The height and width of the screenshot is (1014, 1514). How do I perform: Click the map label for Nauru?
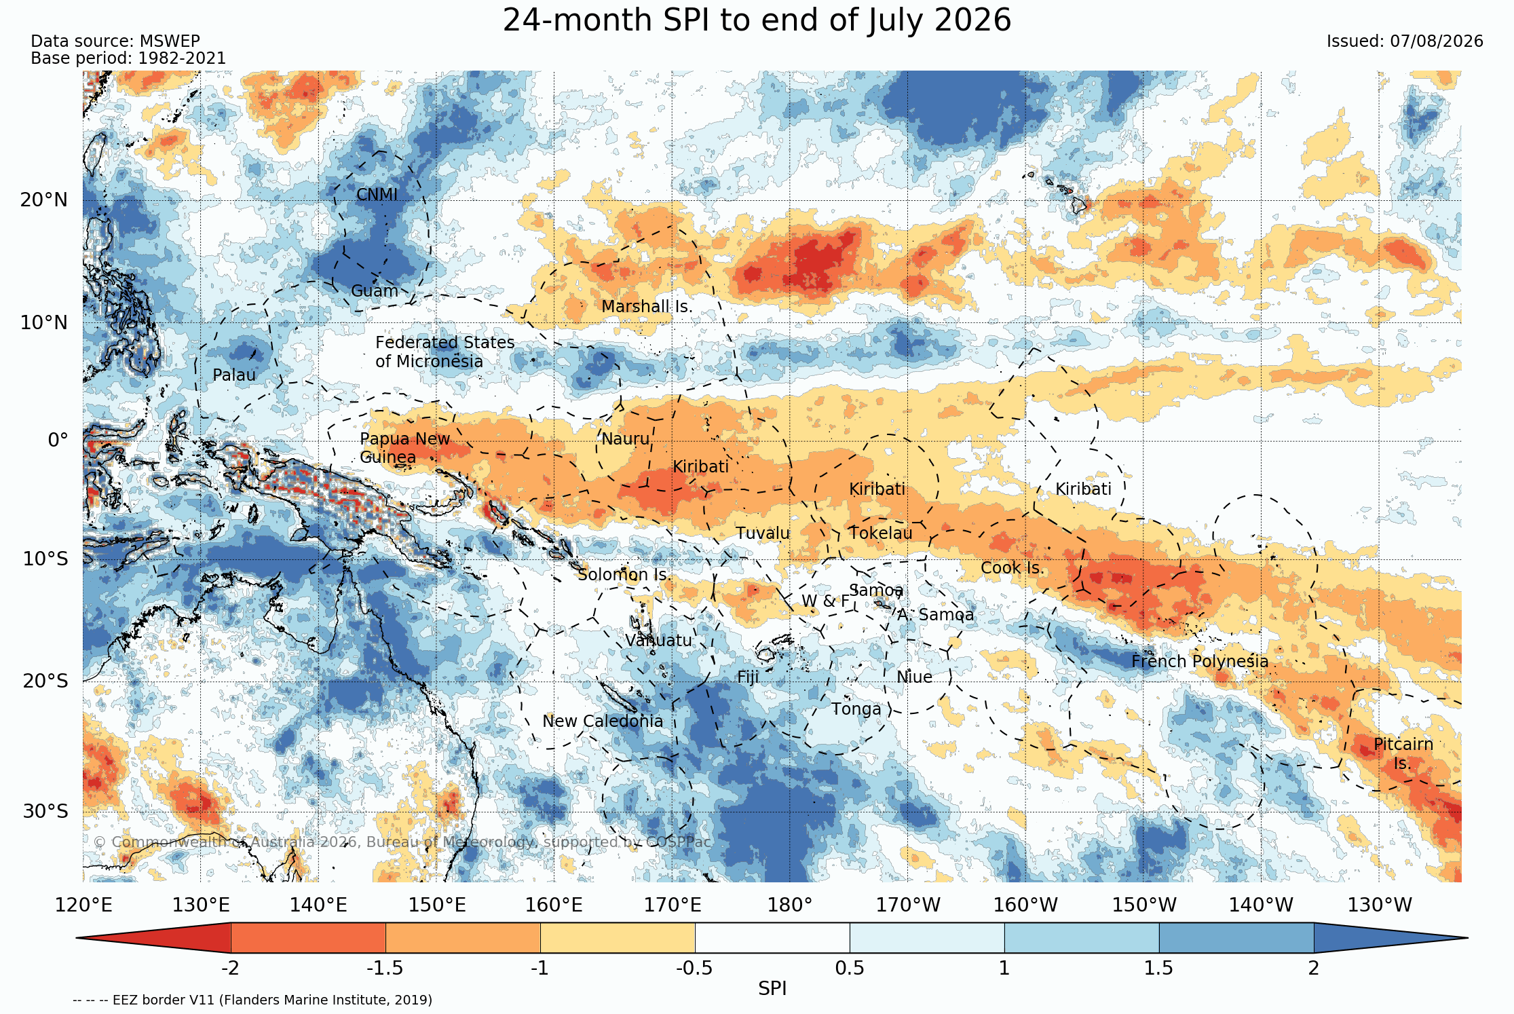[625, 439]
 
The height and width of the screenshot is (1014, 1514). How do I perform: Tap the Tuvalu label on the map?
[763, 533]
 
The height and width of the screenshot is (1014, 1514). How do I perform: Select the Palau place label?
[234, 375]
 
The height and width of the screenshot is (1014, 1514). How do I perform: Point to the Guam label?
[375, 291]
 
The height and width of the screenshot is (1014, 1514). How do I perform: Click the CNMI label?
[377, 195]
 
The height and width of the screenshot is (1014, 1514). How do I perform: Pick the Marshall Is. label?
[647, 307]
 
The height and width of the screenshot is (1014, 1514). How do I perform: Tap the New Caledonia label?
[603, 721]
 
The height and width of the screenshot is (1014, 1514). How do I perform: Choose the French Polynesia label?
[1200, 662]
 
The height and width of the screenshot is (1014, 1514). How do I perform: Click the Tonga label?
[856, 710]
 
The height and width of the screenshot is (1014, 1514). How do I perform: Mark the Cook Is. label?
[1012, 568]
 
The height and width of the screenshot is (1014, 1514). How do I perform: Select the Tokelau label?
[881, 533]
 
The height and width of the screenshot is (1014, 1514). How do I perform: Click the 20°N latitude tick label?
[44, 200]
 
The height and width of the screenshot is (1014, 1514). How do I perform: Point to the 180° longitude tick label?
[790, 905]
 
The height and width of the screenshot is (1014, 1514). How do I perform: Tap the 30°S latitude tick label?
[45, 812]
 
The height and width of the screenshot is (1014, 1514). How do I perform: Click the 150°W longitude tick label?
[1144, 905]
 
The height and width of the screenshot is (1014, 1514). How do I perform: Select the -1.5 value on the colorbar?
[385, 968]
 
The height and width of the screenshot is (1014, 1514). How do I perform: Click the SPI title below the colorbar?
[772, 989]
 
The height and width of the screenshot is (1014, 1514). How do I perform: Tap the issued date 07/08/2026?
[1437, 41]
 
